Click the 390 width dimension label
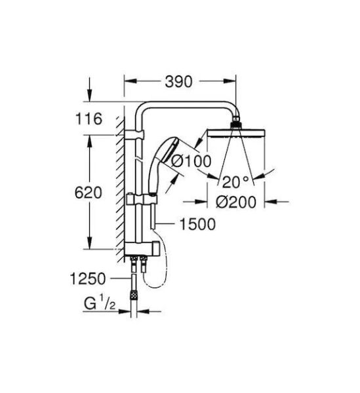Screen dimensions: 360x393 click(178, 81)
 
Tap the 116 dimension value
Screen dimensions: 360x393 click(89, 119)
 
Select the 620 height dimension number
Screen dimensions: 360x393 click(89, 193)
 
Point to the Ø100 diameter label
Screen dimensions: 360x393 click(191, 161)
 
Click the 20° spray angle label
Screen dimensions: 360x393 click(235, 182)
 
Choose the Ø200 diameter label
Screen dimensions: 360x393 click(236, 202)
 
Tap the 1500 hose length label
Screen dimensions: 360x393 click(197, 224)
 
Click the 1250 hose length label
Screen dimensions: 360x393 click(88, 279)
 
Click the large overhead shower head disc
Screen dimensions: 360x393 click(235, 133)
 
